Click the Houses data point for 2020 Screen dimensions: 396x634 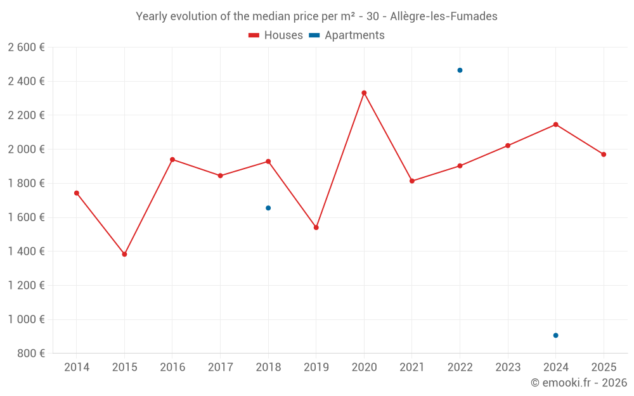[x=364, y=93]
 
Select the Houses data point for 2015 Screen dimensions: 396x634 [x=124, y=254]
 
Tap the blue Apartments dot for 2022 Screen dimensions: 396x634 [x=460, y=70]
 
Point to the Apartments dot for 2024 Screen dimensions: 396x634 [x=555, y=335]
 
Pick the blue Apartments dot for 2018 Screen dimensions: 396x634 [x=268, y=208]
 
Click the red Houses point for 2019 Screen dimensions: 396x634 [x=316, y=227]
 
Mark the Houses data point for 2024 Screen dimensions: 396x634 [x=555, y=124]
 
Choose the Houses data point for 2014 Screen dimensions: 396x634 [x=77, y=193]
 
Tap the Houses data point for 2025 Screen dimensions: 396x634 [x=604, y=155]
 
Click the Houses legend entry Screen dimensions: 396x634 [x=276, y=35]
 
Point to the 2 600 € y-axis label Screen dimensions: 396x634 [x=26, y=48]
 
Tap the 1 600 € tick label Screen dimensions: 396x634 [x=26, y=217]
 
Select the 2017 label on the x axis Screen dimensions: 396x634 [x=220, y=367]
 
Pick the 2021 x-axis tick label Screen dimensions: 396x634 [x=412, y=367]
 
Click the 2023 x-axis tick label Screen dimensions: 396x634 [x=508, y=367]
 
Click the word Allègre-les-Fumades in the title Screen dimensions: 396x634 [x=444, y=16]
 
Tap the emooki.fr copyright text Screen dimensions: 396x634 [x=578, y=383]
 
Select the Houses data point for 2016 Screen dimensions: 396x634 [x=172, y=160]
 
